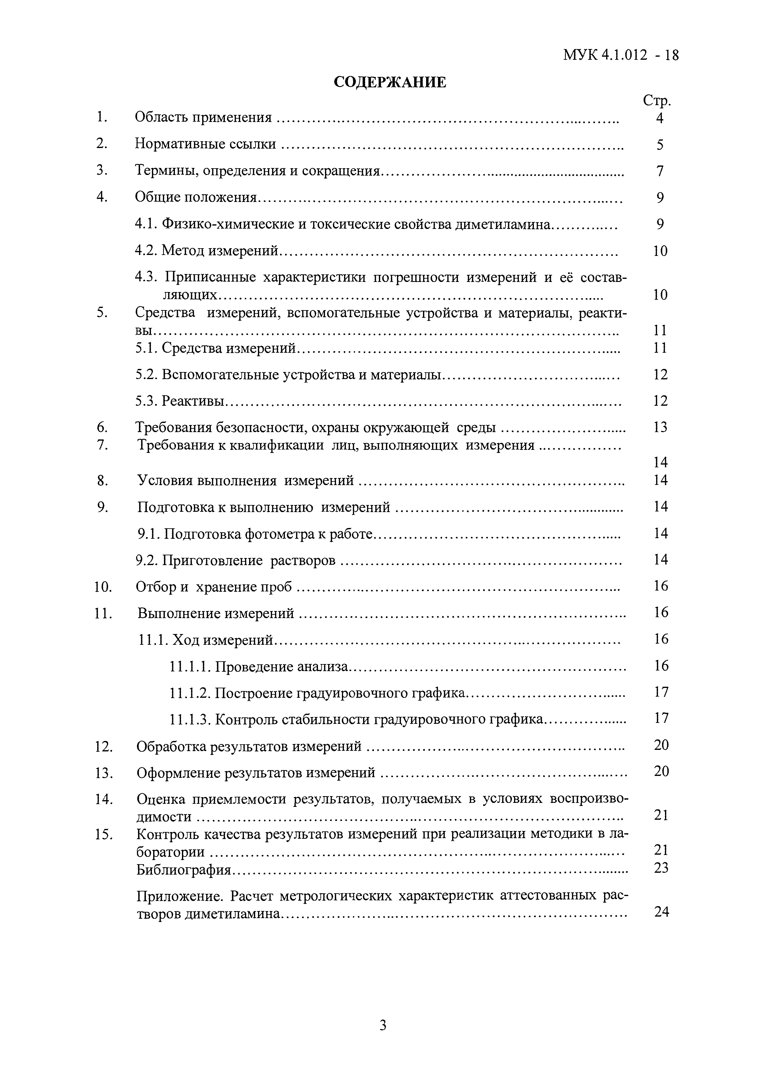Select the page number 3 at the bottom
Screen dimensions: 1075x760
383,1025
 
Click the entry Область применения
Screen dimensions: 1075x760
203,117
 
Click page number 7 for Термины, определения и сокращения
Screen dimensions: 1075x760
660,171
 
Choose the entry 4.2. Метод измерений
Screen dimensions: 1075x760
207,251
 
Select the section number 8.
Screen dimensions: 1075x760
102,481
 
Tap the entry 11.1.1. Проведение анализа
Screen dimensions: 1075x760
259,666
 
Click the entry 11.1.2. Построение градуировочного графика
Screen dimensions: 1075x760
317,693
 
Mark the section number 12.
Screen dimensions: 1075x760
104,746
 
